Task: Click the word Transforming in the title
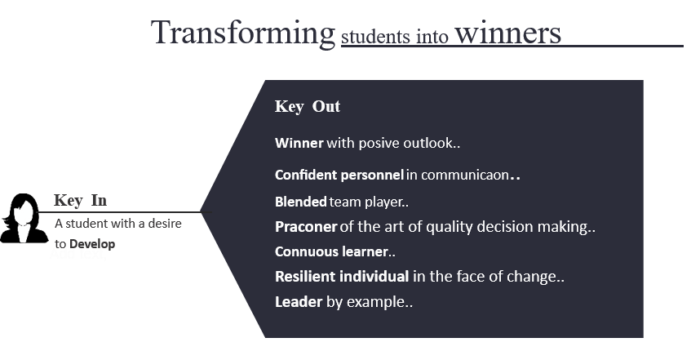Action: coord(243,33)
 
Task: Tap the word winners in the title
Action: coord(507,33)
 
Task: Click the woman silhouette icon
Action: coord(24,218)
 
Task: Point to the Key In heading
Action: coord(80,200)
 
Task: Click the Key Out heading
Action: coord(308,106)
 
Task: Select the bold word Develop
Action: coord(92,244)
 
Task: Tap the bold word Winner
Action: coord(299,143)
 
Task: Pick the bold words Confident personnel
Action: coord(339,176)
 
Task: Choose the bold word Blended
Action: coord(301,202)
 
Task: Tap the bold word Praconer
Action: coord(306,227)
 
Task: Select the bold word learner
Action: coord(365,251)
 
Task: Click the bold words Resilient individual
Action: coord(342,277)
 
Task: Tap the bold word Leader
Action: coord(299,302)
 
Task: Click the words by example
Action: coord(365,302)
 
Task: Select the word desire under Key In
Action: coord(165,223)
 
